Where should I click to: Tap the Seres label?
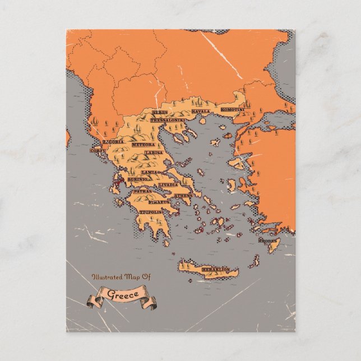(x=159, y=113)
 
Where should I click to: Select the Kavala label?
(x=201, y=112)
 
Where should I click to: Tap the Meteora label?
(x=143, y=145)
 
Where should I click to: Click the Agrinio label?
(x=138, y=179)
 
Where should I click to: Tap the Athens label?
(x=183, y=196)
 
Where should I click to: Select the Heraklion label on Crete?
(x=215, y=270)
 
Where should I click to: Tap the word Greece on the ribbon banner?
(x=120, y=294)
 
